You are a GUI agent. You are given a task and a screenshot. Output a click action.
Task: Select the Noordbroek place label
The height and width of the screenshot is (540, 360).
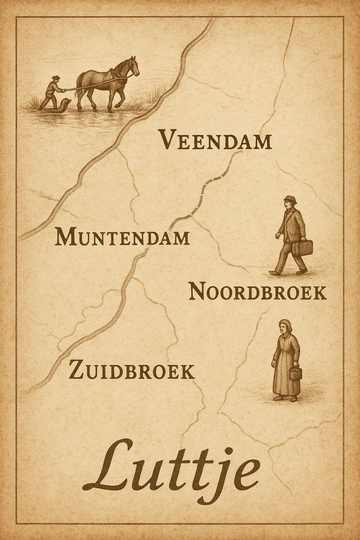click(257, 292)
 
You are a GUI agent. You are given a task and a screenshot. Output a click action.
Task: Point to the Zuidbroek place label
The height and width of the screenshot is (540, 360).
click(131, 372)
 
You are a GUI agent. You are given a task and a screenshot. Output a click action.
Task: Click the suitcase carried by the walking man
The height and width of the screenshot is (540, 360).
click(302, 247)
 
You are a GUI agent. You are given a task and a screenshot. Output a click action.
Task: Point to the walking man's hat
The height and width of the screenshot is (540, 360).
click(290, 199)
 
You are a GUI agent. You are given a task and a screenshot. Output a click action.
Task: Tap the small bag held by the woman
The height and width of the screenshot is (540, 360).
click(296, 373)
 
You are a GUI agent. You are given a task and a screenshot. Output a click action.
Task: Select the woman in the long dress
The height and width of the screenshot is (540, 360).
click(286, 360)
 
